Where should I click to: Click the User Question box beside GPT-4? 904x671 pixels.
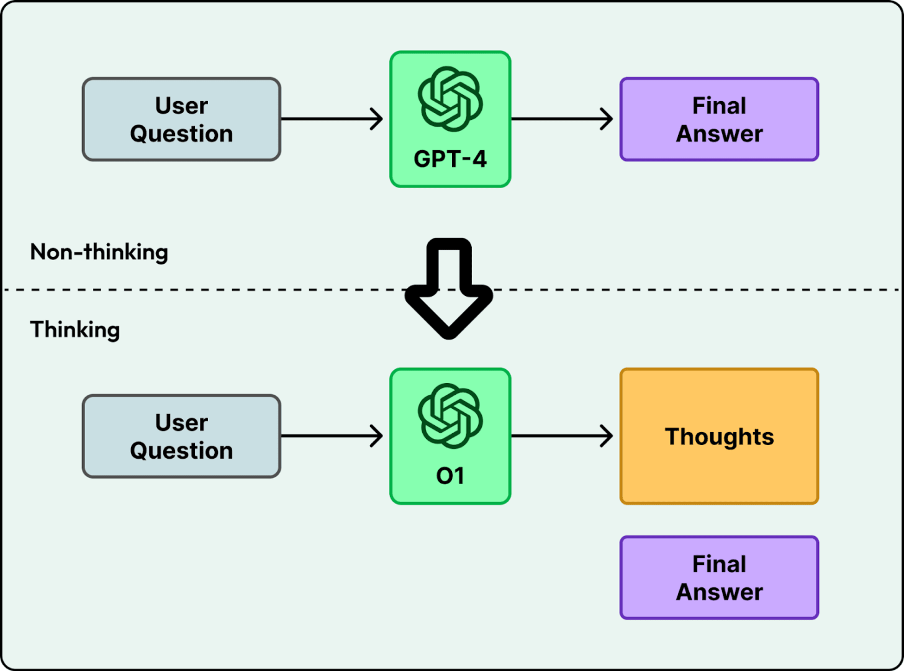[x=181, y=119]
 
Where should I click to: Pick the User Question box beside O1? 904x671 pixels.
[x=181, y=436]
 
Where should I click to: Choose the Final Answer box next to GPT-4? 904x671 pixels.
[x=719, y=119]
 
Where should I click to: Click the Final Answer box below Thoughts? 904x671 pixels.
[x=719, y=578]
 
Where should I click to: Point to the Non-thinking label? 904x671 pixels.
[x=99, y=252]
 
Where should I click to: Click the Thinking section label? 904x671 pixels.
[x=75, y=330]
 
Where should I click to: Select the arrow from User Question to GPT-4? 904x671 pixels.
[x=332, y=119]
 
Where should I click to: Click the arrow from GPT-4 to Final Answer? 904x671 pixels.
[x=563, y=119]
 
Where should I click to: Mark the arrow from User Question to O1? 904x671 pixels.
[x=332, y=436]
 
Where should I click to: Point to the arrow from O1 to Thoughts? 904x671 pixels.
[x=563, y=436]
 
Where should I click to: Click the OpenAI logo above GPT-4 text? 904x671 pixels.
[x=450, y=99]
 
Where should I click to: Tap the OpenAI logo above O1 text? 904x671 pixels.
[x=450, y=416]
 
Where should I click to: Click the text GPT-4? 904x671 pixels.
[x=450, y=160]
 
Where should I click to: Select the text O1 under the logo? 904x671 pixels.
[x=450, y=476]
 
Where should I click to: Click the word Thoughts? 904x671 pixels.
[x=719, y=437]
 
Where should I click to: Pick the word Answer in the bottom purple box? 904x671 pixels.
[x=719, y=592]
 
